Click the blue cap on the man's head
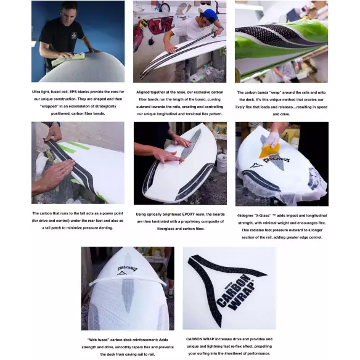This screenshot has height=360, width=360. [210, 14]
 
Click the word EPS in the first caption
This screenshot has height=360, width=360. [76, 92]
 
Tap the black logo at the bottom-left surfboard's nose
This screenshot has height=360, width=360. [126, 269]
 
